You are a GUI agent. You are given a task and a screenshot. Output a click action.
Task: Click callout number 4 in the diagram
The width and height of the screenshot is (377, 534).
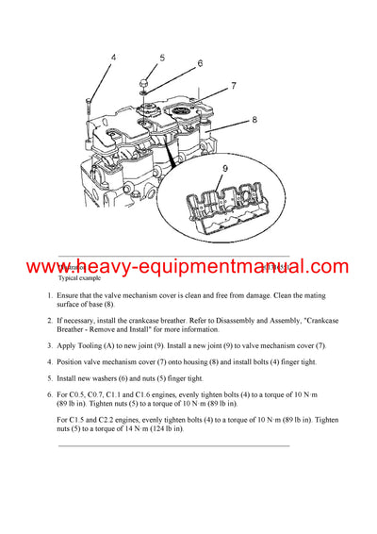point(113,58)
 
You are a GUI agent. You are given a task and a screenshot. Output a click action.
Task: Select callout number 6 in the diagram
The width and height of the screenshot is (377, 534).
point(200,64)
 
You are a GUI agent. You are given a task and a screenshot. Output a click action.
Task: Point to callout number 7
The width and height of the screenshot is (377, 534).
point(232,86)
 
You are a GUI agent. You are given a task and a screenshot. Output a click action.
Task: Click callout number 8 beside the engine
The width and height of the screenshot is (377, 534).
point(254,120)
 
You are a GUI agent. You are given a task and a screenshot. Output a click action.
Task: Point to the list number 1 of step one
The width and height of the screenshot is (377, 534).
point(51,296)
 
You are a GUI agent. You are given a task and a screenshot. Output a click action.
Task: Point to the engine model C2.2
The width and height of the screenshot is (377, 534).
point(123,418)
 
